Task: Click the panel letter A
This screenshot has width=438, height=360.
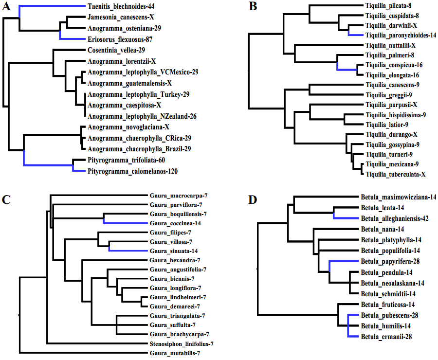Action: [6, 6]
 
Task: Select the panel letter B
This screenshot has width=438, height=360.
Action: [253, 6]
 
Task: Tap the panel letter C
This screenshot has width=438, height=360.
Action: [6, 199]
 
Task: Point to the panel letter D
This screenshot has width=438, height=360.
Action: [253, 199]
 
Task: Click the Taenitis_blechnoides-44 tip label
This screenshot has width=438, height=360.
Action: [121, 6]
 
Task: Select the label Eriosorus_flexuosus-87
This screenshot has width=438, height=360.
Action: [120, 39]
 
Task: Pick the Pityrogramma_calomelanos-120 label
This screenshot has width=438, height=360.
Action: [133, 171]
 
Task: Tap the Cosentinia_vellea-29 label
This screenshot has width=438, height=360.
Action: [116, 50]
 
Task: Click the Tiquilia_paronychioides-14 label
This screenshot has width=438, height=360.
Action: [401, 35]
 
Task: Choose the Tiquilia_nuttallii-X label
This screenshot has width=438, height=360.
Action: [390, 45]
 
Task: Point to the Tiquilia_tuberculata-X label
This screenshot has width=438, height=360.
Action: [396, 175]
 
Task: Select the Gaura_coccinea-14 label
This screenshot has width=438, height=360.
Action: [175, 223]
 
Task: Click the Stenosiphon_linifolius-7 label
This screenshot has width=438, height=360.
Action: [182, 344]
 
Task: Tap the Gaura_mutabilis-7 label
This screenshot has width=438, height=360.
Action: [175, 353]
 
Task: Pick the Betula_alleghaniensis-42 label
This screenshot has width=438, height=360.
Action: [395, 218]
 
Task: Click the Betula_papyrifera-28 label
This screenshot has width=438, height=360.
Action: [390, 261]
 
